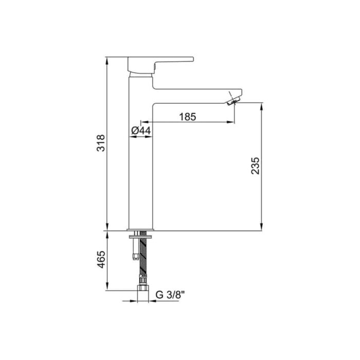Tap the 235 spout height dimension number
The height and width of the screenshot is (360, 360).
[256, 165]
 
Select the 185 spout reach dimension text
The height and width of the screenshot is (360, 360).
[187, 117]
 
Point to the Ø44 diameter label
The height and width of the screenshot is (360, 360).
[140, 131]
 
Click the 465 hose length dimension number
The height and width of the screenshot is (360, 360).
[101, 261]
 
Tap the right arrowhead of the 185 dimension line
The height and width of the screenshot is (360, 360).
[233, 122]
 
